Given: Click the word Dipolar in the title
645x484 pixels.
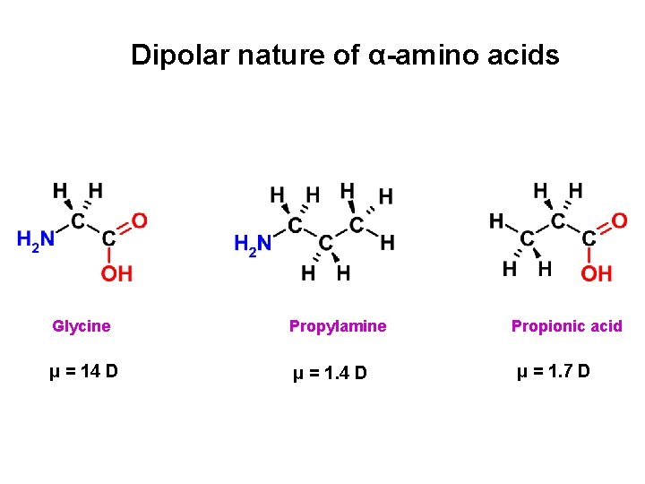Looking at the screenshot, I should (180, 56).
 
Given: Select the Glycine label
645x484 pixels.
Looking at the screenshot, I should (82, 326).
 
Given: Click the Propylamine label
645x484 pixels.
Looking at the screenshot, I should (338, 326).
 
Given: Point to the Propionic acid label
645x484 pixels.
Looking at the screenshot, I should (566, 326).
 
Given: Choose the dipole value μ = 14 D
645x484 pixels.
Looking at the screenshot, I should (83, 371).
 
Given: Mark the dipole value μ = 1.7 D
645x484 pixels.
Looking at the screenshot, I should (553, 371).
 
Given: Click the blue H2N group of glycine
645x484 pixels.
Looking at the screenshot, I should (36, 239).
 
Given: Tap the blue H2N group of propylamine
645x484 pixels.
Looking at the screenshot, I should (252, 244).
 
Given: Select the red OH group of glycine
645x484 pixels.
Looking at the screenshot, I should (116, 272).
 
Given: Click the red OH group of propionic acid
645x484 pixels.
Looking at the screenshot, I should (598, 272).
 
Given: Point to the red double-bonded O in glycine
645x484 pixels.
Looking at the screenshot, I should (140, 220).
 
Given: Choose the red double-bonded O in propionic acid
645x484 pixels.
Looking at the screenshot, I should (619, 220).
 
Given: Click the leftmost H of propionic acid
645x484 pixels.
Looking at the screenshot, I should (496, 220).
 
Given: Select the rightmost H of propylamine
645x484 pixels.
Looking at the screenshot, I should (387, 242).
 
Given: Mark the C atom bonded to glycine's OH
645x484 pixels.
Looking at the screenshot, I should (108, 239).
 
